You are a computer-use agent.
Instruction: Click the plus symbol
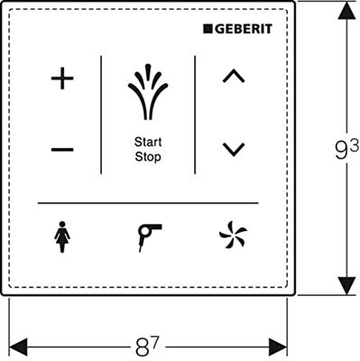point(62,79)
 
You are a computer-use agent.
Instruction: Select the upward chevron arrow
point(234,78)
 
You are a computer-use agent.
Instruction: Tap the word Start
point(147,142)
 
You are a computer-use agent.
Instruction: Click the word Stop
point(147,156)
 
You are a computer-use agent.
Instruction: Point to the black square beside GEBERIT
point(208,29)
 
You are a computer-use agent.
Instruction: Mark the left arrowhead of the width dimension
point(16,345)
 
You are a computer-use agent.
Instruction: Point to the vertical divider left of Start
point(101,114)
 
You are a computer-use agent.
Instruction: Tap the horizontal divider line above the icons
point(147,201)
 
